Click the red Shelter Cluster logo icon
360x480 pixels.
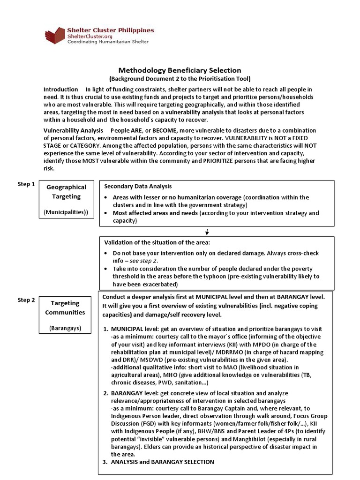(55, 36)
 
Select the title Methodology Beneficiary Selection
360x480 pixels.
(180, 70)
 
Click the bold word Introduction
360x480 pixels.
(60, 89)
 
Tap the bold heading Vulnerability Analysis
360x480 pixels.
(73, 130)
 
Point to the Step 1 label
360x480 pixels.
(26, 184)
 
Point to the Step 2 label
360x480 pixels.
(26, 300)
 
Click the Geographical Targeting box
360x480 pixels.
(66, 199)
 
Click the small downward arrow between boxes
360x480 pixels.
(207, 232)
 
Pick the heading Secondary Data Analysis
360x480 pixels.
(138, 186)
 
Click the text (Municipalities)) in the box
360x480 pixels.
(66, 212)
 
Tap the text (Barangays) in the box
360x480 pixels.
(65, 328)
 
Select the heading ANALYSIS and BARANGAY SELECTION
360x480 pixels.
(162, 462)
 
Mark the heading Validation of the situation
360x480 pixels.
(157, 242)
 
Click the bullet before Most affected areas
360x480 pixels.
(107, 213)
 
